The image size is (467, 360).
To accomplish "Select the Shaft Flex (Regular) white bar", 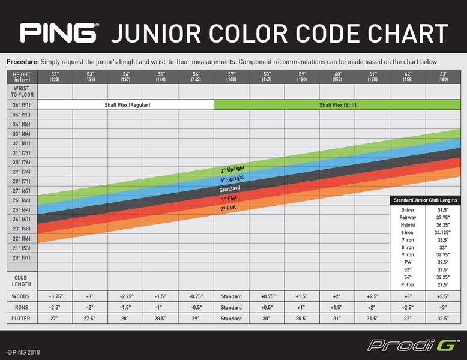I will pos(127,104).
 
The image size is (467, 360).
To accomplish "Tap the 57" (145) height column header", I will pos(231,76).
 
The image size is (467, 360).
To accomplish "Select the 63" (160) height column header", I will pos(443,76).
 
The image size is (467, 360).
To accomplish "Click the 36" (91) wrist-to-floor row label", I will pos(22,104).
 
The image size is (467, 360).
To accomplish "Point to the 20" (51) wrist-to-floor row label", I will pos(22,257).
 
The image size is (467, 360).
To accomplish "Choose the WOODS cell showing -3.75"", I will pos(55,296).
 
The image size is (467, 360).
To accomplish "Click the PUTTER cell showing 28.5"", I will pos(161,318).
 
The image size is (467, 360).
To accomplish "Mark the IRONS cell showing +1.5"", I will pos(337,307).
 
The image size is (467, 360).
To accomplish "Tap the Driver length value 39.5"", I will pos(444,209).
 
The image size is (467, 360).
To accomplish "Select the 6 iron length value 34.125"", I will pos(444,232).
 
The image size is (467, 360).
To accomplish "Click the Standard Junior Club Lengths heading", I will pos(425,200).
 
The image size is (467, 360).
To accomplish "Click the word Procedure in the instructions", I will pos(23,62).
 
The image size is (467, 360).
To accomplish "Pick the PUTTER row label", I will pos(22,318).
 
